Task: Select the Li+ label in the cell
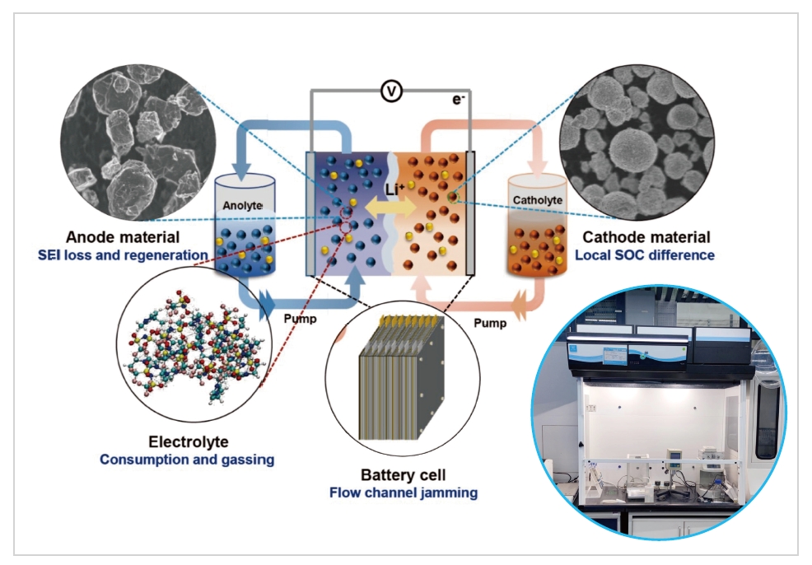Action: click(396, 190)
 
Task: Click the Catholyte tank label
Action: click(537, 199)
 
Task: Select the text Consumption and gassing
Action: click(187, 460)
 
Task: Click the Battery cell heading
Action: click(401, 475)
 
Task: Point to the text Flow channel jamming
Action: click(403, 493)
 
